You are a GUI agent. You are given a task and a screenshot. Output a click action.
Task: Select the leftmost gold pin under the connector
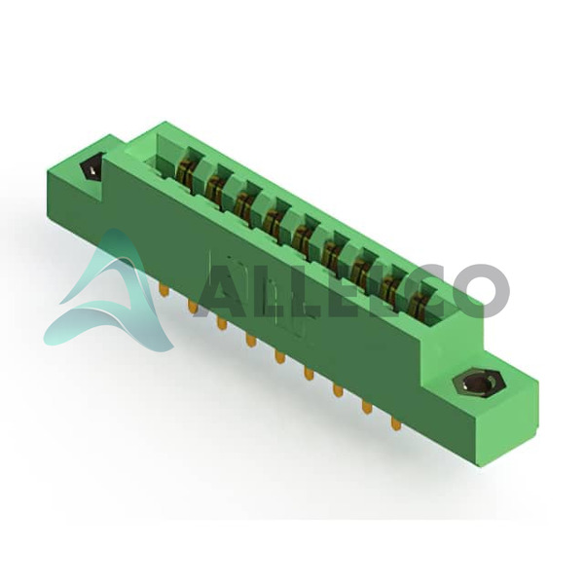163,289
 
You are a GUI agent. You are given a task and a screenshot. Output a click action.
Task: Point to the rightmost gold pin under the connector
395,423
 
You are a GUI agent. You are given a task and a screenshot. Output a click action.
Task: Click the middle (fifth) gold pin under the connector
279,356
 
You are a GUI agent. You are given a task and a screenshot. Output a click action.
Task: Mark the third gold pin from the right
338,390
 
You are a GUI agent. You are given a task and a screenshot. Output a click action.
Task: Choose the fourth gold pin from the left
251,339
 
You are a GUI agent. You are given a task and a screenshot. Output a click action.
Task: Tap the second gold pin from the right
367,407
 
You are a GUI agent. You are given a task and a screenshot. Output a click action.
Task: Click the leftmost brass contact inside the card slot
184,169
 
